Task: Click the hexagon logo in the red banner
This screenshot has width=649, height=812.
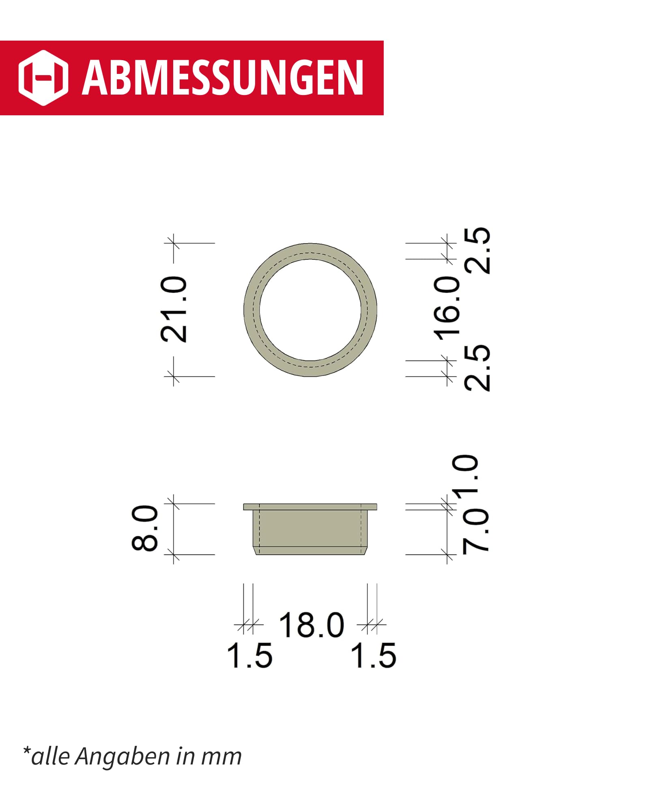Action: point(43,78)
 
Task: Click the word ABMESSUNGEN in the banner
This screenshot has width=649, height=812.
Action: point(223,78)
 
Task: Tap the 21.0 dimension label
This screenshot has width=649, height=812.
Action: point(174,309)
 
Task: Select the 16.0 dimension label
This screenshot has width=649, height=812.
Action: point(447,308)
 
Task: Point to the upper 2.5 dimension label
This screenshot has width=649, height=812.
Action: point(477,250)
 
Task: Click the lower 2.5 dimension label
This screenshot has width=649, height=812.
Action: point(477,368)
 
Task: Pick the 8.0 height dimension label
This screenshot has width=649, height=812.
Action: point(145,528)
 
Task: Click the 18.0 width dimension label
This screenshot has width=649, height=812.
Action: point(312,625)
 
